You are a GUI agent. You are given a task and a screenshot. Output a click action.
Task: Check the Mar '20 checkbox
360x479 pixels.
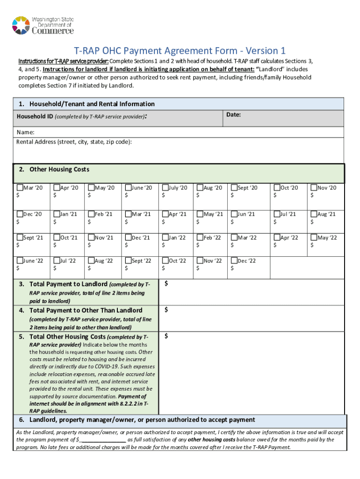[x=20, y=188]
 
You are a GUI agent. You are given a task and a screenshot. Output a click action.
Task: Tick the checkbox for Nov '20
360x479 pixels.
[x=314, y=188]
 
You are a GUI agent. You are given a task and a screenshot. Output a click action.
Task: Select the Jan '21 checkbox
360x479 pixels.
[x=57, y=214]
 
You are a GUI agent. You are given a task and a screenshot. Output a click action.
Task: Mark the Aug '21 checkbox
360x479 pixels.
[x=314, y=214]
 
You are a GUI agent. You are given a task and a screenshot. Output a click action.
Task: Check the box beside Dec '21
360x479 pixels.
[x=128, y=237]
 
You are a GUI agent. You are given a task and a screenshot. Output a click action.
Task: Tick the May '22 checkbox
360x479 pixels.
[x=314, y=237]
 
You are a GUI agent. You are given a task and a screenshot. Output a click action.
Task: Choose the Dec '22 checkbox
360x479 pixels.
[x=234, y=261]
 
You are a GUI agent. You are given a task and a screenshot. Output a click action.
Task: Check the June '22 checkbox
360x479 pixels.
[x=20, y=261]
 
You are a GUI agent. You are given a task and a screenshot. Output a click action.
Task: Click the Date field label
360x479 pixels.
[x=233, y=115]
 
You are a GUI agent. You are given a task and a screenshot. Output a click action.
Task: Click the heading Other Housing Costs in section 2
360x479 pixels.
[x=59, y=169]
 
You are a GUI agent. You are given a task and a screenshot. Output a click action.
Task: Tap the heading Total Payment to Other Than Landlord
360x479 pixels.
[x=86, y=310]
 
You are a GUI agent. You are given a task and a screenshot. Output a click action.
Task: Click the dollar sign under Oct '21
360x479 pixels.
[x=56, y=245]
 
